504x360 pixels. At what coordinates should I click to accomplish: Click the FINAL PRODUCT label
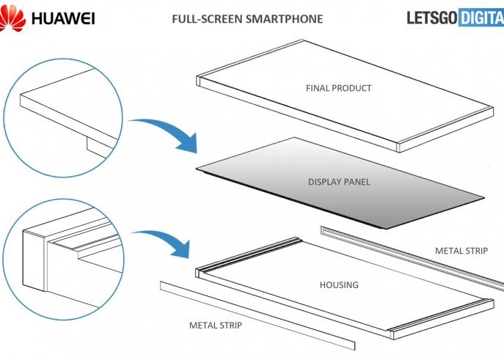coord(338,88)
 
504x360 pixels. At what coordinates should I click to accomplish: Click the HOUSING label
coord(339,284)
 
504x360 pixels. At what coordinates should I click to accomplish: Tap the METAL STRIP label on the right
coord(461,251)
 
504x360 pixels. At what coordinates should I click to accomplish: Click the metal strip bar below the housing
coord(257,315)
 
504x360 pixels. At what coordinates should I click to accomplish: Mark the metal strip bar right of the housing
coord(411,252)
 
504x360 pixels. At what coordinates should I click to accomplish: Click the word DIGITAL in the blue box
coord(481,18)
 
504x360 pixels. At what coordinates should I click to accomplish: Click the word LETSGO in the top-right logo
coord(432,18)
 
